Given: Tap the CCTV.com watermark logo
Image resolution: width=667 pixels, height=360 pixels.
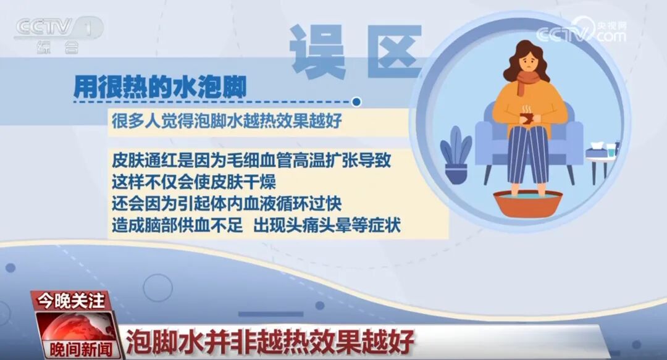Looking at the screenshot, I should click(581, 31).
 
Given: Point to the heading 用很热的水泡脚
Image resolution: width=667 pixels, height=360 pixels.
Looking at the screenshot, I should click(160, 86).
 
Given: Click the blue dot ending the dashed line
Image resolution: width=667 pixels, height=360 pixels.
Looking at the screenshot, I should click(356, 101).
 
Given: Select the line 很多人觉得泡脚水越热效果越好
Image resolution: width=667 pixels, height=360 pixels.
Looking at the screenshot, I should click(227, 120).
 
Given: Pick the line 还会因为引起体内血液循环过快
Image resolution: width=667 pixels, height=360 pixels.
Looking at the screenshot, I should click(227, 204).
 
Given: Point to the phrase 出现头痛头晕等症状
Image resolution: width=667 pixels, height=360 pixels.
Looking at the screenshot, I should click(327, 225).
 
